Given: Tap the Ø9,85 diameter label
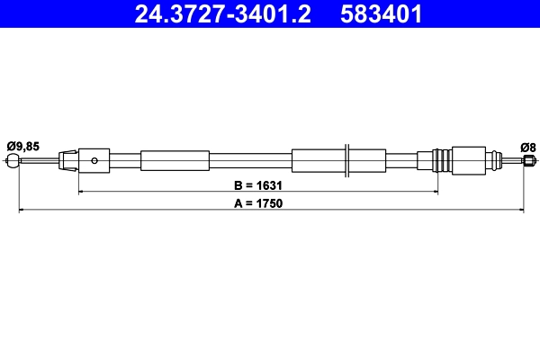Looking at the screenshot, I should coord(23,145).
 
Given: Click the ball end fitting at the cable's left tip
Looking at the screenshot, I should coord(12,161).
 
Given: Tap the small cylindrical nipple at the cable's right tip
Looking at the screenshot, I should coord(526,161).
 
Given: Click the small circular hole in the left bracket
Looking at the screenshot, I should coord(94,161).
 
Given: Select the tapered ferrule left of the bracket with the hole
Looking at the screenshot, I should coord(67,161).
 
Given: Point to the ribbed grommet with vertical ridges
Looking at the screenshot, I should coord(442,161).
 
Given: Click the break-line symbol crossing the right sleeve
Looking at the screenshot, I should coord(347,160).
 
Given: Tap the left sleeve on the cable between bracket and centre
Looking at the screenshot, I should coord(175,161).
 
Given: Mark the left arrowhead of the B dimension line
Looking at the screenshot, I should coord(82,192).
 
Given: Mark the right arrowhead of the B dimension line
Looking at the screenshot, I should coord(435,192).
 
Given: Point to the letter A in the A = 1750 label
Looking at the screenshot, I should coord(237,203).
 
